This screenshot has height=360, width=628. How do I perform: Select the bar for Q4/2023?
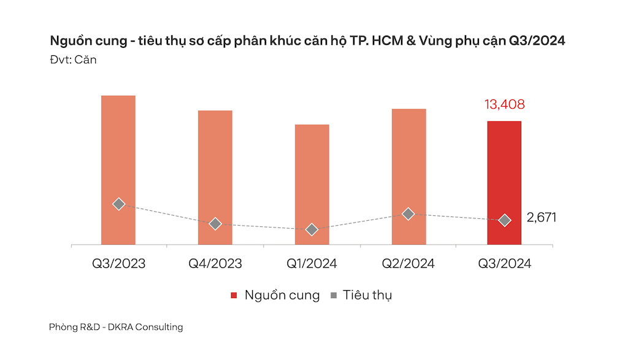pos(215,159)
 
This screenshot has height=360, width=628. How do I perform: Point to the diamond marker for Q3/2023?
pos(119,204)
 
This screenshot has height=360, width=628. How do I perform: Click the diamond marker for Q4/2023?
pos(215,224)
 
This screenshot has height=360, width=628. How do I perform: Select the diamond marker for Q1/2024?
pos(312,229)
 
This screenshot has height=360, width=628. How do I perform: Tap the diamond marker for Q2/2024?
pos(408,214)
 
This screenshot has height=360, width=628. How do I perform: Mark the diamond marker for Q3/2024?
pos(505,220)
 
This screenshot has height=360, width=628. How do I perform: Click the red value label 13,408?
pos(505,105)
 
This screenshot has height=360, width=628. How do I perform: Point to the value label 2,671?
pos(542,218)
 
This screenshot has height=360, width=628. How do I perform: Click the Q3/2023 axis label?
pos(119,264)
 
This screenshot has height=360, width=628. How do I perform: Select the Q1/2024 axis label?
pos(312,264)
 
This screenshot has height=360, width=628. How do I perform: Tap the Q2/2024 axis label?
pos(408,264)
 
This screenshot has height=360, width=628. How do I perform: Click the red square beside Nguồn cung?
pos(234,296)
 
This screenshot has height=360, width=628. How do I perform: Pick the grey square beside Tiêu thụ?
pos(333,296)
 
